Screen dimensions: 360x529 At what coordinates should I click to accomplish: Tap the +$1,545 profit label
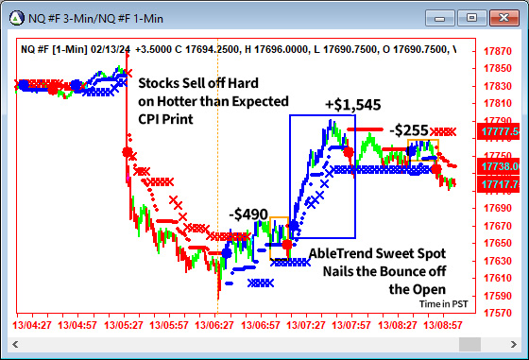(352, 104)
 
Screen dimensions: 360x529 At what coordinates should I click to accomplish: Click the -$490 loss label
(248, 214)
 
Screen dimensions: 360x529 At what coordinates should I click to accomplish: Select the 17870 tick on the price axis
(498, 51)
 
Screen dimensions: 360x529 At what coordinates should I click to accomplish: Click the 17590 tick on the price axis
(498, 296)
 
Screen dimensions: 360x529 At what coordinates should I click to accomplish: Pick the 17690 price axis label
(498, 208)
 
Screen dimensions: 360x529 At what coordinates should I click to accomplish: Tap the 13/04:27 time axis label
(31, 324)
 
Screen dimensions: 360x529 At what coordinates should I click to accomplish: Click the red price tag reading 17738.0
(501, 166)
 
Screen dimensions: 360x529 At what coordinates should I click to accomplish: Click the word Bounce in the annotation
(401, 271)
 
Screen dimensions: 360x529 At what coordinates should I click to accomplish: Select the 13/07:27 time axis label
(307, 324)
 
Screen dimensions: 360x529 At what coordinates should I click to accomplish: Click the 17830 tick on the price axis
(498, 86)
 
